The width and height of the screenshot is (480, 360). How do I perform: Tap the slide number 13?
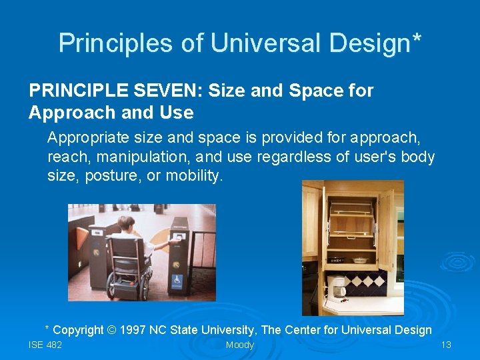point(446,345)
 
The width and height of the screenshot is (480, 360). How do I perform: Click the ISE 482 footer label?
point(45,345)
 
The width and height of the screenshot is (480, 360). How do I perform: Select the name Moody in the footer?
point(239,345)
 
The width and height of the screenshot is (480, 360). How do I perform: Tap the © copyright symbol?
point(131,330)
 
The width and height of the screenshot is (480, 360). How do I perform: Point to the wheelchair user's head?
point(126,223)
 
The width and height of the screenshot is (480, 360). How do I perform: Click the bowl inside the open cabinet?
point(359,260)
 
